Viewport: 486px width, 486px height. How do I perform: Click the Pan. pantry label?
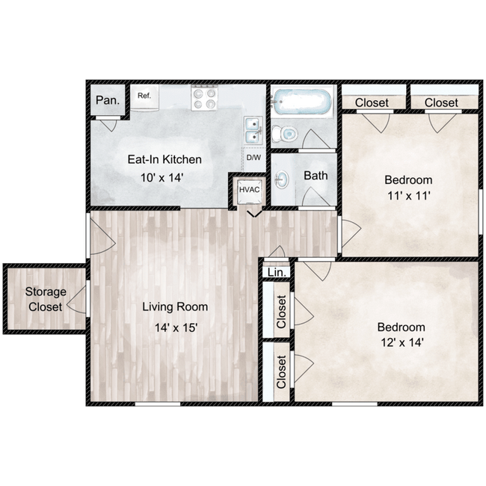[x=108, y=100]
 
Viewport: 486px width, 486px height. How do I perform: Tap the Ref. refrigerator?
[x=144, y=97]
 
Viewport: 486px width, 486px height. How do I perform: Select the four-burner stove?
[x=204, y=98]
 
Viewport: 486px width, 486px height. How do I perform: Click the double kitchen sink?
[x=253, y=131]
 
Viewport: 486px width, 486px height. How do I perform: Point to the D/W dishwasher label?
[x=253, y=158]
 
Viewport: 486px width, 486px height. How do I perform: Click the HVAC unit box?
[x=250, y=191]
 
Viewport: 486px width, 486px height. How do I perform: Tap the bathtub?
[x=301, y=102]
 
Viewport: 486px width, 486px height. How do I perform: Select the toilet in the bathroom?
[x=285, y=134]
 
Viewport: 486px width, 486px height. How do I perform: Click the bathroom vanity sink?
[x=282, y=179]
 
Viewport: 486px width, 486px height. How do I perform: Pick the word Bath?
[x=316, y=176]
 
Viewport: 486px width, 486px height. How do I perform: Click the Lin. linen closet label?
[x=277, y=272]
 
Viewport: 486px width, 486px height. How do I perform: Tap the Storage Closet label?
[x=46, y=299]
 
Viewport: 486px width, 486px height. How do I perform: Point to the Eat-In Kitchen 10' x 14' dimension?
[x=162, y=178]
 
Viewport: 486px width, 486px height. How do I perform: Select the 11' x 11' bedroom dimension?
[x=409, y=196]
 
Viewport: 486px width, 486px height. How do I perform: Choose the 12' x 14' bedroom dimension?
[x=402, y=342]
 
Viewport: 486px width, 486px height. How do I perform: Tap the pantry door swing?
[x=108, y=125]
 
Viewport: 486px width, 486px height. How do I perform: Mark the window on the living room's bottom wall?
[x=158, y=405]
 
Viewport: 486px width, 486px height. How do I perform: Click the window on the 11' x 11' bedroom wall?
[x=481, y=212]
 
